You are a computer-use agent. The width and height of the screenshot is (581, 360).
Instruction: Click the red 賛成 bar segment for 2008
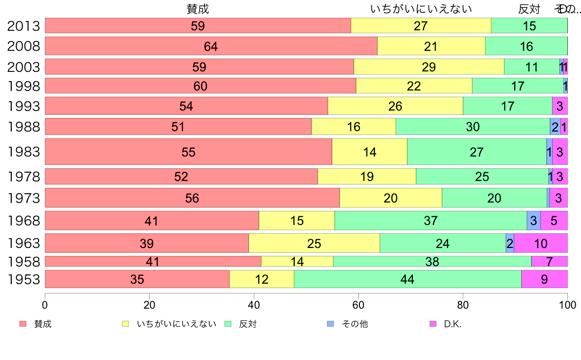tap(211, 46)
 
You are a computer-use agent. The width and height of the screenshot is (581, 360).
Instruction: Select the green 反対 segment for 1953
tap(407, 279)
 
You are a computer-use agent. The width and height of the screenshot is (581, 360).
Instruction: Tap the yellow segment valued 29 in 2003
tap(428, 67)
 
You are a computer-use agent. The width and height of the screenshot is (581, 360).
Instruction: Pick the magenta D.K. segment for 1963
tap(540, 243)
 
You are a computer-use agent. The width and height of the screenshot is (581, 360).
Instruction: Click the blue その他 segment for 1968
tap(533, 221)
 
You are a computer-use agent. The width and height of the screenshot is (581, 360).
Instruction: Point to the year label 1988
tap(23, 127)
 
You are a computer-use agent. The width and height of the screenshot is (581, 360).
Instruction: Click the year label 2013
tap(23, 26)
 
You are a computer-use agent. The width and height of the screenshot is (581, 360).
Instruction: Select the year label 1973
tap(23, 198)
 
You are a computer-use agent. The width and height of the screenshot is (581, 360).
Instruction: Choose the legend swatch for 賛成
tap(22, 324)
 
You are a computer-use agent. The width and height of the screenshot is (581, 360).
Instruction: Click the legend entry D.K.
tap(452, 324)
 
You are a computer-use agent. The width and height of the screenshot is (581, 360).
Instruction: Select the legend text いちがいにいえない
tap(176, 324)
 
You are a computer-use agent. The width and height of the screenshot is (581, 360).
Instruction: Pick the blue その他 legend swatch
tap(330, 324)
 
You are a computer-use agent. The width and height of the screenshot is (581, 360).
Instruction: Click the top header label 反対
tap(529, 9)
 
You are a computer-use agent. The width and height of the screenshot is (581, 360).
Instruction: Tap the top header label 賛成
tap(198, 9)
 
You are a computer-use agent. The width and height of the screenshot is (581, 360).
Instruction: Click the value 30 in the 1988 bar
tap(472, 127)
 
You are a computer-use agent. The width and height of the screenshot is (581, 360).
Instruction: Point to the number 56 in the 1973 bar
tap(192, 198)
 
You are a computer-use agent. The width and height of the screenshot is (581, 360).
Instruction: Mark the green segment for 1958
tap(432, 262)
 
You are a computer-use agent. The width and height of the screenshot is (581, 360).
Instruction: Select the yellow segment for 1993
tap(395, 106)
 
